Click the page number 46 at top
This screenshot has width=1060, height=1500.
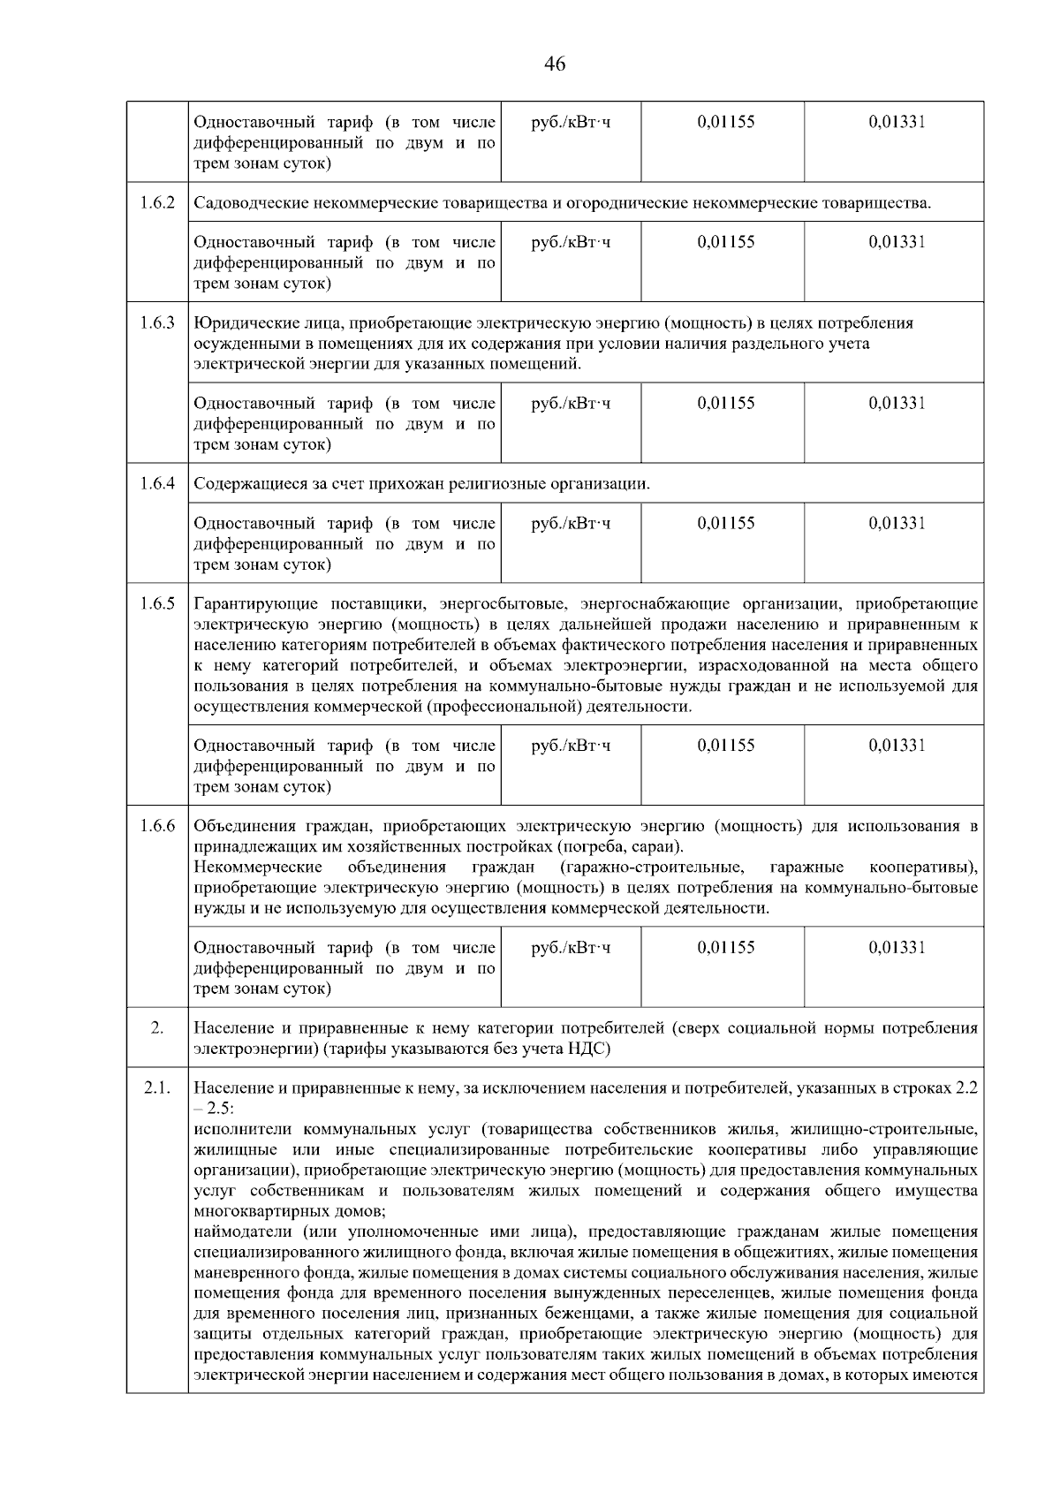pos(556,64)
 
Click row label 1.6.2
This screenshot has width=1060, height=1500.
pos(157,203)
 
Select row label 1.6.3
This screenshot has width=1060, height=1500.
pos(157,322)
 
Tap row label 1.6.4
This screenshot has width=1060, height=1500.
pos(157,484)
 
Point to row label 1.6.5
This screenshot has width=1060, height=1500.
pos(157,604)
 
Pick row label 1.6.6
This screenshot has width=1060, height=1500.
pos(157,827)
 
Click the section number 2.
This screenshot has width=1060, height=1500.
pos(157,1028)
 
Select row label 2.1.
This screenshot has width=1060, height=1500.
pos(157,1088)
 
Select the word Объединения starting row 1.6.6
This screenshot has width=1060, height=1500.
pos(243,827)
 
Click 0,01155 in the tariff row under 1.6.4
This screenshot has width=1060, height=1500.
pos(726,523)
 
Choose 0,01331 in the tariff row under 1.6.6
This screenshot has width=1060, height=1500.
pos(897,947)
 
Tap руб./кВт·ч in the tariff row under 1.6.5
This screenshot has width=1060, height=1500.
pos(571,745)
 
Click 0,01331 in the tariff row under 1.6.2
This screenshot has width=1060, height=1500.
pos(897,241)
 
